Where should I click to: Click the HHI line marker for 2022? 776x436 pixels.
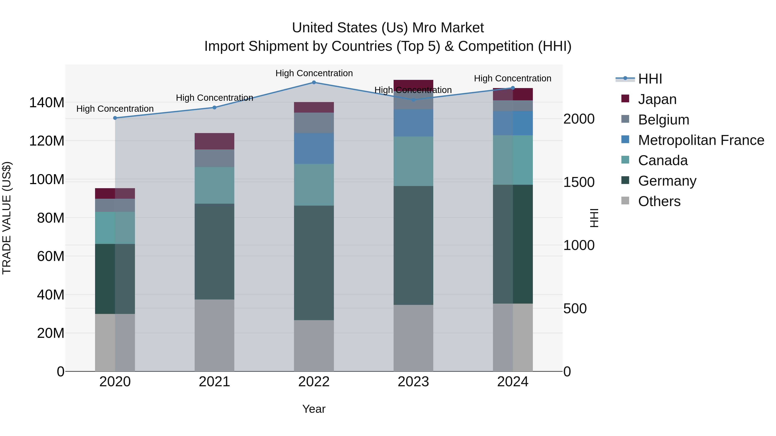(314, 82)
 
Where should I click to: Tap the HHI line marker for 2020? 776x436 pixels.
(115, 118)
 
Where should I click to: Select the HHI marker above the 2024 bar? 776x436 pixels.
(513, 88)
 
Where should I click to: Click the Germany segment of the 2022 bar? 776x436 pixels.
(314, 263)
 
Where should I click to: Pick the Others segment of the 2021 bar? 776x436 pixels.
(214, 335)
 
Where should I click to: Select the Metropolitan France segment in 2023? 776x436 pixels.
(413, 123)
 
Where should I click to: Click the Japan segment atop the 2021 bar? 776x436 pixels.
(214, 141)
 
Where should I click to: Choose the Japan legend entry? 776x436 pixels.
(657, 99)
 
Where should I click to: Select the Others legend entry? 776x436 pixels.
(659, 201)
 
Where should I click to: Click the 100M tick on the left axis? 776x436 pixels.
(47, 179)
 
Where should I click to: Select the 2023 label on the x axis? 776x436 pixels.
(413, 382)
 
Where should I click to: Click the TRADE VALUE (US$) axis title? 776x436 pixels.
(7, 218)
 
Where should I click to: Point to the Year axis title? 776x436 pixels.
(314, 409)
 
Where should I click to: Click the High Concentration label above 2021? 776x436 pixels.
(214, 98)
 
